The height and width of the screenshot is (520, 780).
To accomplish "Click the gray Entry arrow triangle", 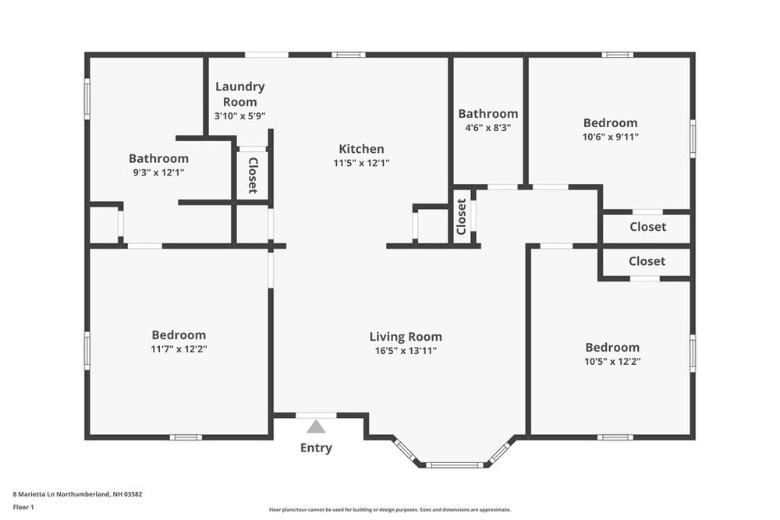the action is click(316, 426).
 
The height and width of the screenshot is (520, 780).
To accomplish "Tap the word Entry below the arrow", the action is click(316, 448).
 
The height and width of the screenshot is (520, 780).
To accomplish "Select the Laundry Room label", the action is click(239, 94).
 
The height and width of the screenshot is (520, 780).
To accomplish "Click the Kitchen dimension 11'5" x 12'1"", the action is click(361, 163).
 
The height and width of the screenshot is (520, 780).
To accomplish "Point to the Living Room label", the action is click(406, 337).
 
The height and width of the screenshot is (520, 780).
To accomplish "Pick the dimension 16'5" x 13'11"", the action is click(406, 351).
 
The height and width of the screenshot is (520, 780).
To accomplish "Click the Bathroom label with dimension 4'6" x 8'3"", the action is click(488, 114).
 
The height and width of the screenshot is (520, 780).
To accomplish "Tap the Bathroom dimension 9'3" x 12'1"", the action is click(158, 173).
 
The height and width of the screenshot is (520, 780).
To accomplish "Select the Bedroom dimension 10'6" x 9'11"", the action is click(611, 137).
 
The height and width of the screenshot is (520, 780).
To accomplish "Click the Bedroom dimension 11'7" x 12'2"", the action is click(179, 349).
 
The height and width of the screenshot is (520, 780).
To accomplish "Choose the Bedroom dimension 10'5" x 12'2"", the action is click(612, 362).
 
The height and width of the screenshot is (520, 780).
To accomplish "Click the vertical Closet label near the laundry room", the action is click(253, 175).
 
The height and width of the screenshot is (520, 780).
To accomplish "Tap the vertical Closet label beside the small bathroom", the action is click(461, 217).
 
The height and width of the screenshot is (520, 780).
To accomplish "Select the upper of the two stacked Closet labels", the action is click(647, 227).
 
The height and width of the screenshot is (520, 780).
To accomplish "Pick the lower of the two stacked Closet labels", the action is click(647, 261).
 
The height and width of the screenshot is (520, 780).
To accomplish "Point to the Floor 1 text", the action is click(23, 507).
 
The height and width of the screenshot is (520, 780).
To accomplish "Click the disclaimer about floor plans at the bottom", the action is click(390, 510).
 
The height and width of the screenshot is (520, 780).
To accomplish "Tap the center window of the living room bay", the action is click(454, 465).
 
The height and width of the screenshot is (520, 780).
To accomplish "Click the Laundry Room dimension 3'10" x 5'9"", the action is click(239, 116).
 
